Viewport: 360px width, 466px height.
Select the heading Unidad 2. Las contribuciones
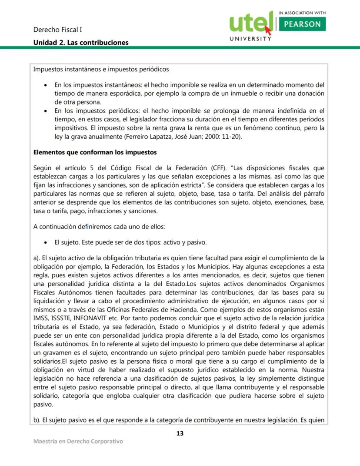81,43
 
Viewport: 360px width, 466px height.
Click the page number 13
180,433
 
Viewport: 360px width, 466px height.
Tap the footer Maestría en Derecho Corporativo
78,442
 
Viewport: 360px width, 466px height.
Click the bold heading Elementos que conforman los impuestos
95,153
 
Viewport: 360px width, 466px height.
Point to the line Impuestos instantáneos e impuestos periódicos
101,70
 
